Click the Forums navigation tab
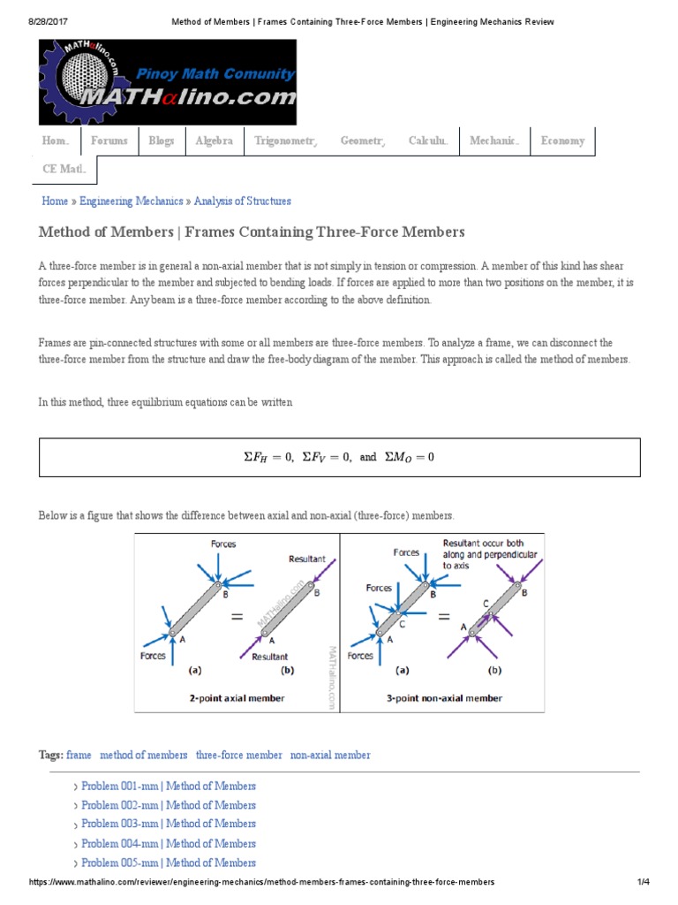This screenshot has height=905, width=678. pos(109,141)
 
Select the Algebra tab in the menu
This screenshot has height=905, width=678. pos(214,141)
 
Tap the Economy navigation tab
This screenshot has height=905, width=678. pos(562,141)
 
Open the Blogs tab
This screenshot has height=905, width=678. pos(162,141)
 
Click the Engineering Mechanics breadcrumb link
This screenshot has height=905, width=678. pos(132,202)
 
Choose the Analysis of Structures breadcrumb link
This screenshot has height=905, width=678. pos(242,202)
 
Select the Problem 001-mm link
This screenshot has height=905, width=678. pos(168,787)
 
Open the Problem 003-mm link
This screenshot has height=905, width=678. pos(168,824)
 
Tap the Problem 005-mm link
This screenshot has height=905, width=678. pos(168,863)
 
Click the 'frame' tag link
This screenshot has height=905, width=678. pos(79,756)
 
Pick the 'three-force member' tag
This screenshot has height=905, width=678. pos(238,756)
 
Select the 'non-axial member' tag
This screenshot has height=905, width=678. pos(330,756)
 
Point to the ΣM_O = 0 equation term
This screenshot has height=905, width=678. pos(410,458)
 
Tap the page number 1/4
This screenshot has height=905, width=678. pos(642,883)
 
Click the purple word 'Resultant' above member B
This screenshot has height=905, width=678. pos(307,559)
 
